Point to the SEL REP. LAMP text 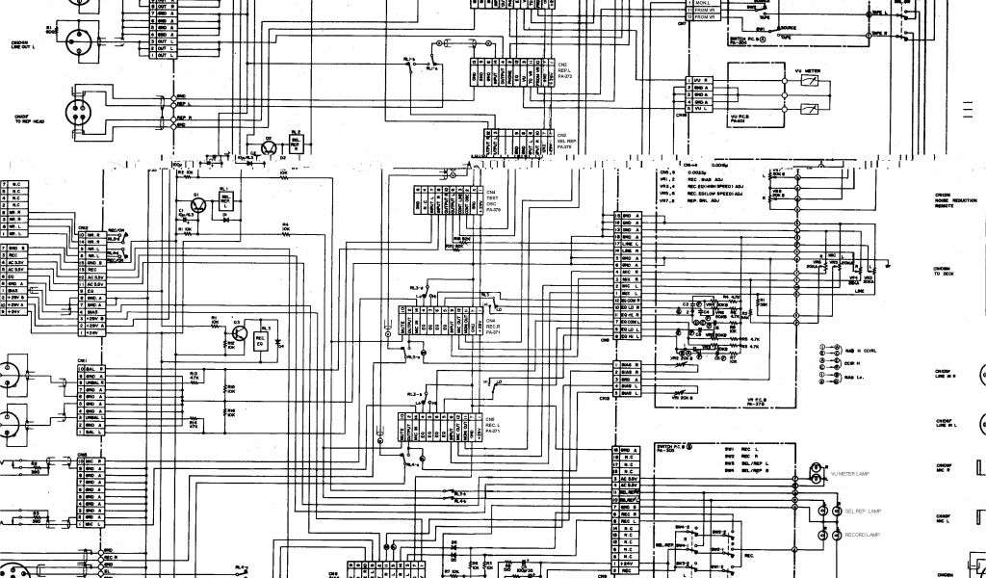[x=861, y=510]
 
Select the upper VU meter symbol [x=810, y=81]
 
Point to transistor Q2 [x=266, y=146]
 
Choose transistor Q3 [x=235, y=339]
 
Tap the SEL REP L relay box [x=225, y=198]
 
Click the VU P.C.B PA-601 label [x=739, y=119]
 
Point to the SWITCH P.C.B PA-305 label [x=671, y=450]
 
